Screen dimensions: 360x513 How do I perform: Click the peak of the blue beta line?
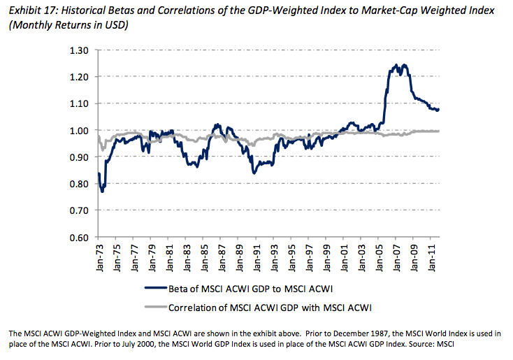click(396, 65)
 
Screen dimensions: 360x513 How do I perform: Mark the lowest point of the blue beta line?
click(103, 191)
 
